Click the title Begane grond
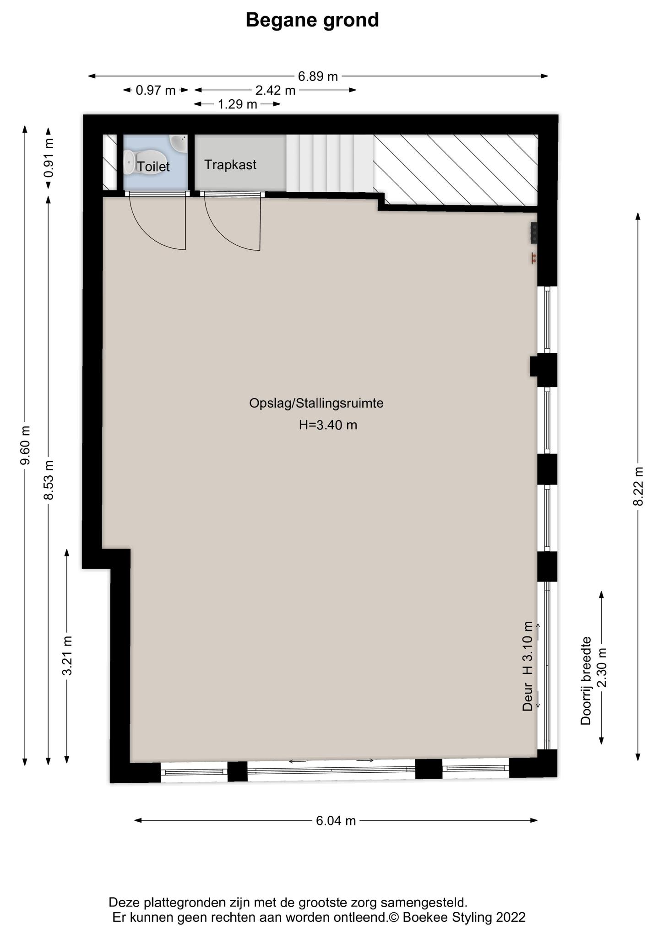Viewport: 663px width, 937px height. click(x=312, y=21)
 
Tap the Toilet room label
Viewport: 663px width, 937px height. click(x=153, y=167)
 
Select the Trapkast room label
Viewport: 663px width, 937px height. click(x=230, y=165)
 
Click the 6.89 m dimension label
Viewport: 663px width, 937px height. click(x=318, y=76)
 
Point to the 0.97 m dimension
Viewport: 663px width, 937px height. click(x=156, y=91)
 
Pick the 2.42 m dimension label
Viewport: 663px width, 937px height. click(x=275, y=91)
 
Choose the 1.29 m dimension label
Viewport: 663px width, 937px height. click(x=237, y=105)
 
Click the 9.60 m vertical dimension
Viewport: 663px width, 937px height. click(x=26, y=445)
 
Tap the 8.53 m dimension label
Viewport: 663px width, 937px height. click(x=49, y=480)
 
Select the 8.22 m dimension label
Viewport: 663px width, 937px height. click(x=638, y=486)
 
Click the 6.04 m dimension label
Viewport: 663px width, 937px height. click(x=336, y=821)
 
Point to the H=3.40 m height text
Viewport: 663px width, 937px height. click(x=328, y=425)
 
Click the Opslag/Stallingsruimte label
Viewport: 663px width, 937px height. click(x=316, y=404)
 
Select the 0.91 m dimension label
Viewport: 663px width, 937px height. click(x=49, y=158)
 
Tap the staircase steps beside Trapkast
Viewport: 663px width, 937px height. click(x=330, y=163)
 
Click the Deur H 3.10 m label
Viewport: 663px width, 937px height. click(x=528, y=666)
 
